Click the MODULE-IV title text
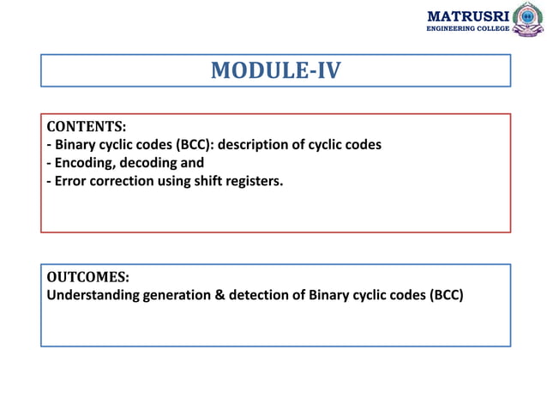pos(275,70)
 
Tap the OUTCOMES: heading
pos(87,278)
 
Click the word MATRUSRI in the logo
pos(466,15)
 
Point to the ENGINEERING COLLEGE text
pos(468,29)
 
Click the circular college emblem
pos(528,19)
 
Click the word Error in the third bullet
pos(72,180)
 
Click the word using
pos(178,180)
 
